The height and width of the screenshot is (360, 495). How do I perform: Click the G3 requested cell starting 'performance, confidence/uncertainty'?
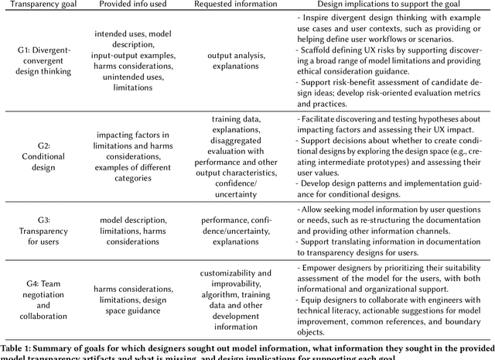[x=237, y=231]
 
